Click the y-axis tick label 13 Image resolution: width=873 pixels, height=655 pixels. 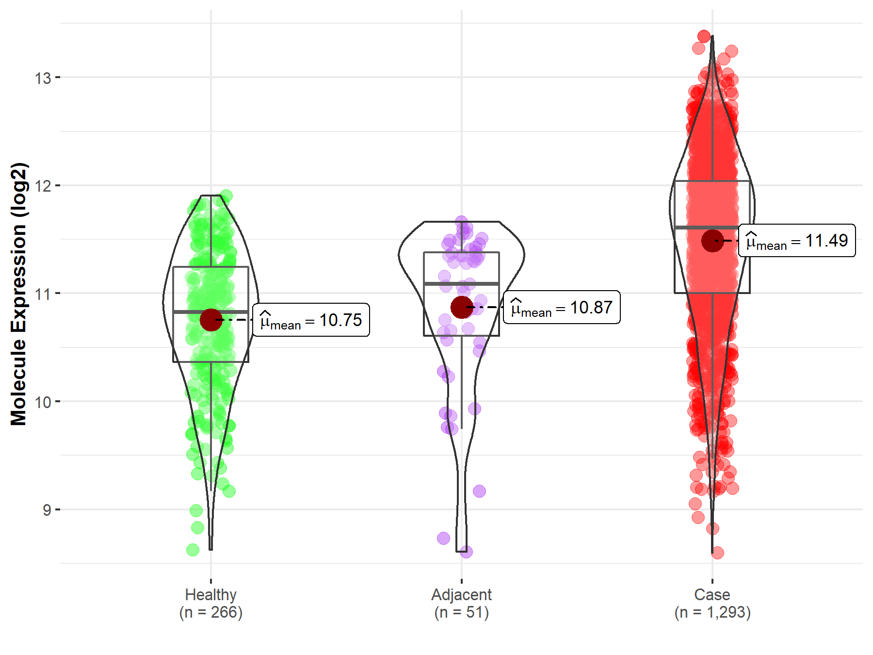[43, 78]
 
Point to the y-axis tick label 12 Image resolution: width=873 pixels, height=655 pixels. [43, 186]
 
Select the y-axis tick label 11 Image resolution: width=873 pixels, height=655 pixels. [43, 294]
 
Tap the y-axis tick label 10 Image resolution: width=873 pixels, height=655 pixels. [43, 402]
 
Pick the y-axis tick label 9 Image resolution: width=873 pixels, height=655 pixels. [47, 510]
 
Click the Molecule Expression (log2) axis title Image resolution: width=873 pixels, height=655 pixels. [18, 294]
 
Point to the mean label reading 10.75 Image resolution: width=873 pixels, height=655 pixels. [311, 320]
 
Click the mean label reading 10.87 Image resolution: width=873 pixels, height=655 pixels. [562, 308]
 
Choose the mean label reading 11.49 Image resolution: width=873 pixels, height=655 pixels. [797, 241]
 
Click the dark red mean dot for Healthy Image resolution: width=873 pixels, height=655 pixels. [211, 320]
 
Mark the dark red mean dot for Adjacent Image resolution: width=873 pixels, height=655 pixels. [462, 307]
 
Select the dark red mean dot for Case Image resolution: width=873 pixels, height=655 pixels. [712, 241]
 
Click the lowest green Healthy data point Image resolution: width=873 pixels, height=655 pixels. [193, 550]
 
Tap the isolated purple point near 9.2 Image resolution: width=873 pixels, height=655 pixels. [479, 491]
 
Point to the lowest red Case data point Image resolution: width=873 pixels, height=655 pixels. [717, 553]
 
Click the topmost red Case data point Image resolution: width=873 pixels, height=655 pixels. [704, 36]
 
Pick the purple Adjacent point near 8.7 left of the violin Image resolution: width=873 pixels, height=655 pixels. [443, 538]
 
